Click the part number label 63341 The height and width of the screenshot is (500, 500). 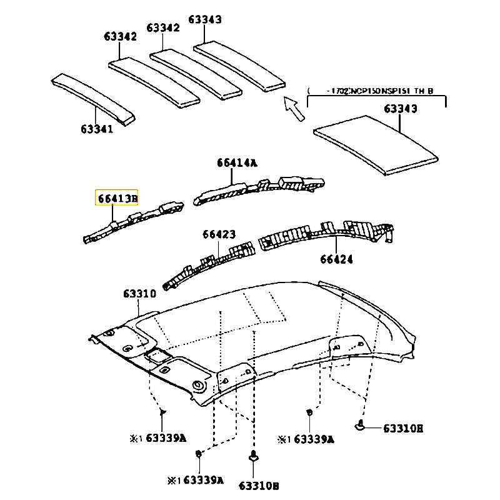coord(96,129)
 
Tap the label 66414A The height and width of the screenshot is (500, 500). coord(237,162)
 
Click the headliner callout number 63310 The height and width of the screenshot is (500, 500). coord(139,293)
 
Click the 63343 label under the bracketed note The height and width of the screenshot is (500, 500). coord(400,109)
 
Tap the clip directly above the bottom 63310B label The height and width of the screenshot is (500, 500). coord(253,457)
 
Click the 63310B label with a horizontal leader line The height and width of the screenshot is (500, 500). coord(403,428)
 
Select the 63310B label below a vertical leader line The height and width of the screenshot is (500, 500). coord(259,485)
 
